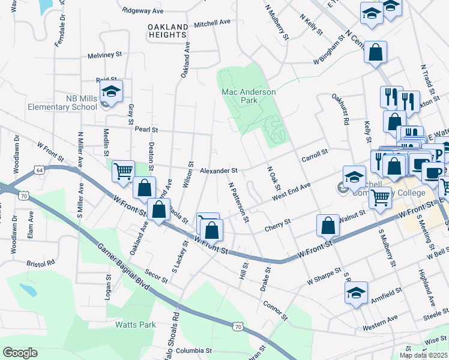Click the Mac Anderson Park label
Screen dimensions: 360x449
pyautogui.click(x=249, y=96)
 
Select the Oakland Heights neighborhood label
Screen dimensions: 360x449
pyautogui.click(x=167, y=30)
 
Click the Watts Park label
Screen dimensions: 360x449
pyautogui.click(x=136, y=325)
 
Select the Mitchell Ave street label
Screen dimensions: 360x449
pyautogui.click(x=212, y=22)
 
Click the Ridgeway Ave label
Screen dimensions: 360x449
pyautogui.click(x=143, y=11)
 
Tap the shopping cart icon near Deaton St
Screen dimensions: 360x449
pyautogui.click(x=123, y=170)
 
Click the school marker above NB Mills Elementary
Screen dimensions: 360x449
pyautogui.click(x=111, y=92)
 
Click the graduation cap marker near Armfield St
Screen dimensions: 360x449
pyautogui.click(x=356, y=293)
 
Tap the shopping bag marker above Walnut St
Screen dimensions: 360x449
pyautogui.click(x=328, y=226)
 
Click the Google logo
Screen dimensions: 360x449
pyautogui.click(x=20, y=352)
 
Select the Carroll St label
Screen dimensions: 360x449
pyautogui.click(x=315, y=154)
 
